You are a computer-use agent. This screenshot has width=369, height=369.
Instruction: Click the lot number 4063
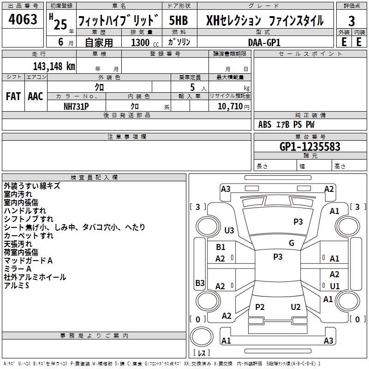[x=23, y=19]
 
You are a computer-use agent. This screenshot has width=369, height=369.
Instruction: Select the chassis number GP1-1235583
[x=310, y=147]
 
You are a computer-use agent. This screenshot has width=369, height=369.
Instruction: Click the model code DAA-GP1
[x=264, y=42]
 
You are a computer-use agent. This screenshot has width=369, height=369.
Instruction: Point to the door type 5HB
[x=179, y=20]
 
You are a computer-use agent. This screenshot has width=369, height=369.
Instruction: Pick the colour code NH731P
[x=76, y=106]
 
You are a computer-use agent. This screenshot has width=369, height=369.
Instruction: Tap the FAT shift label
[x=13, y=96]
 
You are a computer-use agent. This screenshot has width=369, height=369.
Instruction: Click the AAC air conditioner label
[x=36, y=96]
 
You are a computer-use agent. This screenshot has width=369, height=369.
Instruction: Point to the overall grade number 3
[x=351, y=21]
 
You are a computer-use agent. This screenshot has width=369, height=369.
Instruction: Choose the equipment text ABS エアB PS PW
[x=286, y=125]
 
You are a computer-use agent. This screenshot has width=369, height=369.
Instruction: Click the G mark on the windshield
[x=292, y=243]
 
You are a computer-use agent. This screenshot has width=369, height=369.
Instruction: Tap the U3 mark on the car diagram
[x=229, y=230]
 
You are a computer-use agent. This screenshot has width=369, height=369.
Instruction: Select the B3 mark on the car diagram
[x=200, y=283]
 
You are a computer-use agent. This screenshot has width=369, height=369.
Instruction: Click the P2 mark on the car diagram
[x=260, y=307]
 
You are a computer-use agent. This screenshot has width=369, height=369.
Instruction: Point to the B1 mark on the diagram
[x=220, y=247]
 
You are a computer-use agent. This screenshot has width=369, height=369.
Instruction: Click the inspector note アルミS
[x=17, y=286]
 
